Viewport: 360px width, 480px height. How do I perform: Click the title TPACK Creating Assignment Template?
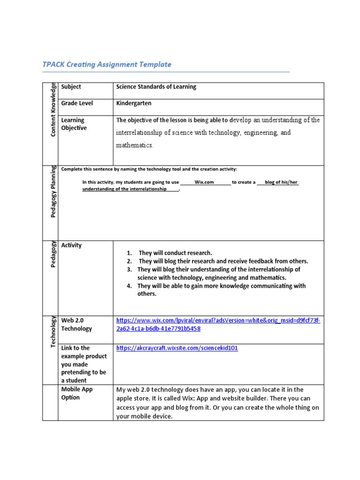click(107, 65)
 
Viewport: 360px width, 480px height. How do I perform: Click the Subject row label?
click(71, 87)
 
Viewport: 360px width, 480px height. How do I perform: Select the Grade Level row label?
click(77, 103)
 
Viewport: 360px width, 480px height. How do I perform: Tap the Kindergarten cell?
click(134, 103)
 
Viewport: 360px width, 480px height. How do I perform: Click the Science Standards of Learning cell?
click(156, 87)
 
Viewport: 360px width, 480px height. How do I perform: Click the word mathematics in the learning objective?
click(135, 146)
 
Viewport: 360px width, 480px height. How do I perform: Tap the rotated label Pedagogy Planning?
click(53, 192)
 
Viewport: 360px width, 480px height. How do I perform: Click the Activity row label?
click(71, 245)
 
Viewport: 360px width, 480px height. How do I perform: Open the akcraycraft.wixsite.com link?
click(177, 349)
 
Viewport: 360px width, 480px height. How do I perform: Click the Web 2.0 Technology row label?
click(76, 324)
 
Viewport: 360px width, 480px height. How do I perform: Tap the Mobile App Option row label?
click(77, 393)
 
